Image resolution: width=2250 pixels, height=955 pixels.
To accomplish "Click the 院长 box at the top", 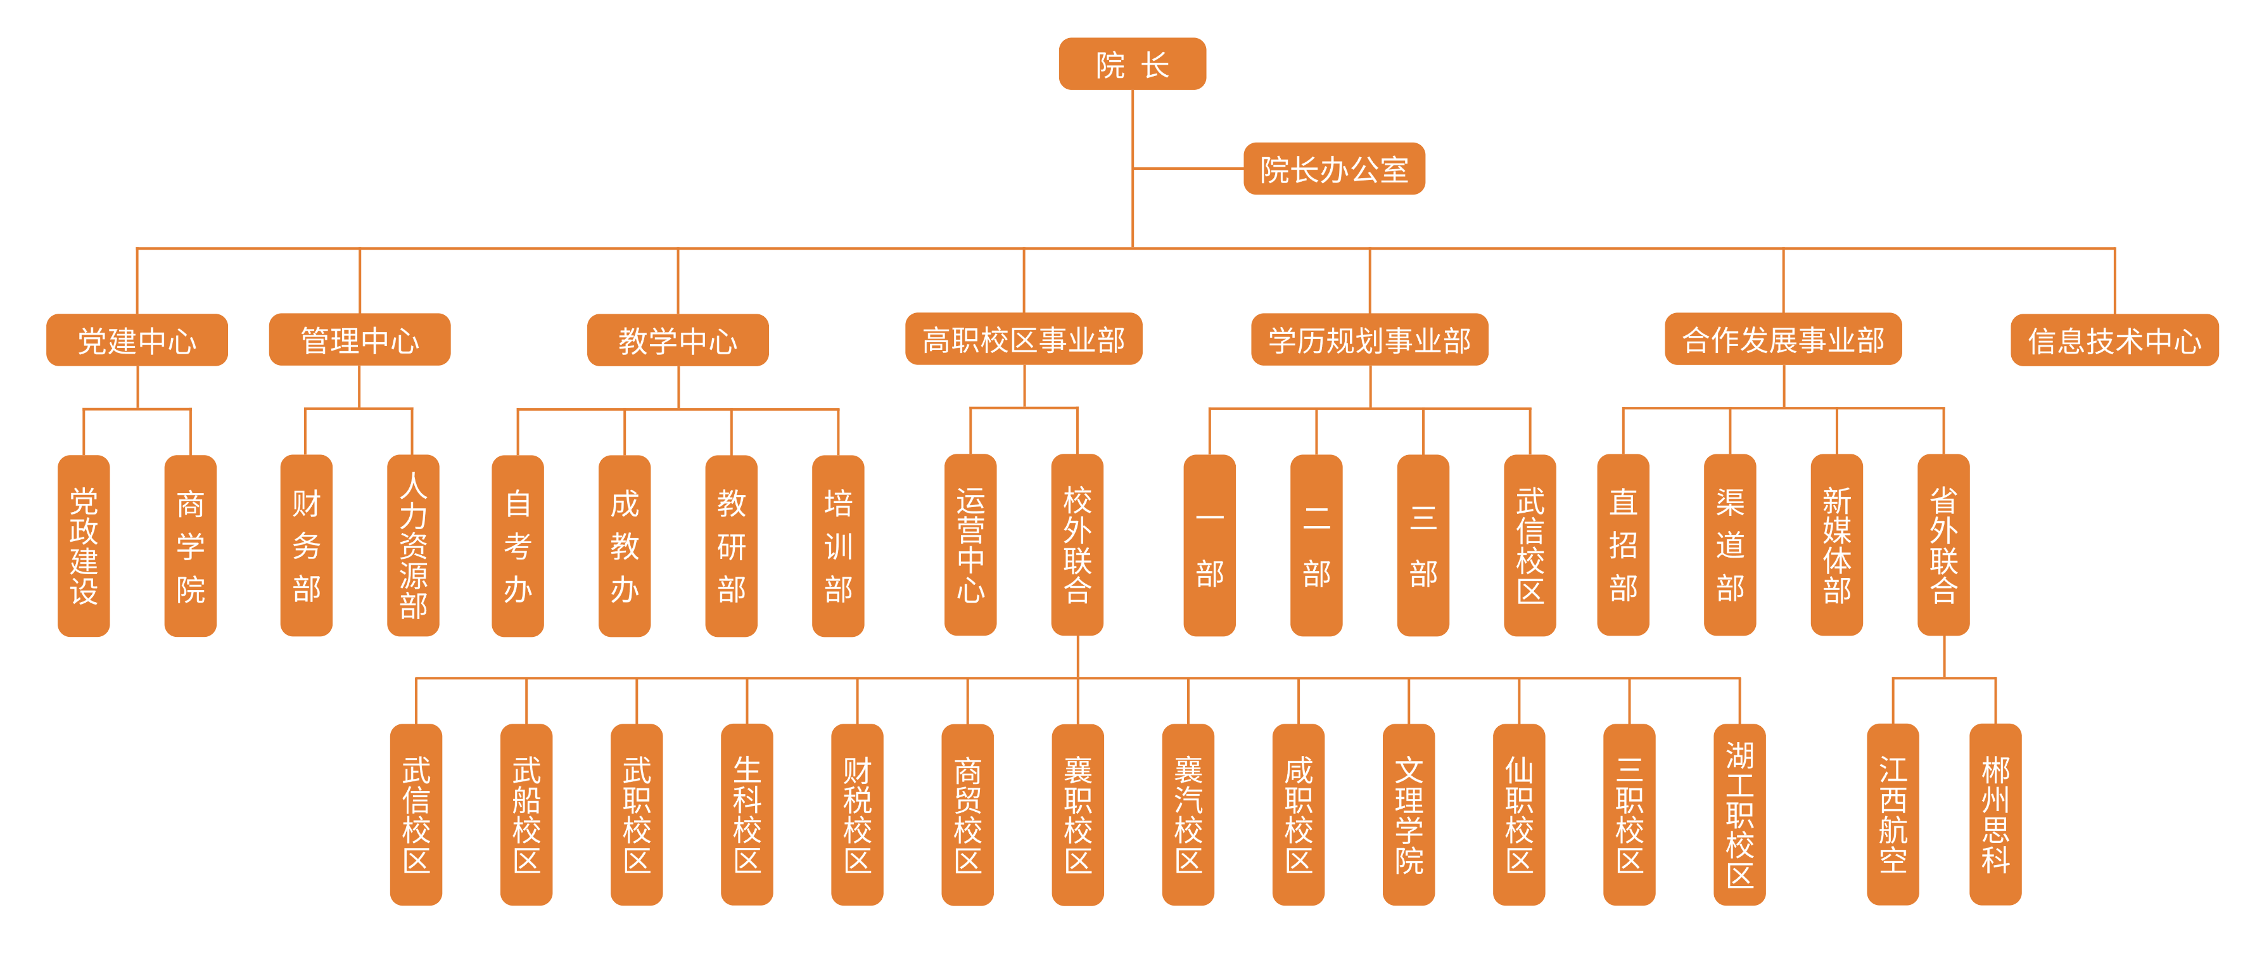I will [1132, 64].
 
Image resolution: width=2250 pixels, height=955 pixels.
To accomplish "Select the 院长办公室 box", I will [1334, 169].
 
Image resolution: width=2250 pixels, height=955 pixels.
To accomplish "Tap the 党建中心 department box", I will [137, 340].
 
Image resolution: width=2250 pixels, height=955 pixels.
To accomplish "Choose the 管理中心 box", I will [359, 340].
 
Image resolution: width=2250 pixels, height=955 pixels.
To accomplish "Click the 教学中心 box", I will [678, 340].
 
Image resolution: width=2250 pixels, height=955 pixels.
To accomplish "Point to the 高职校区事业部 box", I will [1024, 339].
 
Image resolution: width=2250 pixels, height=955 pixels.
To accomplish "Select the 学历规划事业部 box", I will [1370, 339].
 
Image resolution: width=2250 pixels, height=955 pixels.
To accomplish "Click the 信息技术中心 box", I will [2114, 340].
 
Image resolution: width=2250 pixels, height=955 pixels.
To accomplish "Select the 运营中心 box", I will [970, 545].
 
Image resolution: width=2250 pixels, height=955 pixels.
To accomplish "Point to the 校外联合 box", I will [1077, 545].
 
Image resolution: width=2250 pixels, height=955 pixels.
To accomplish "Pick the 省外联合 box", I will [1943, 545].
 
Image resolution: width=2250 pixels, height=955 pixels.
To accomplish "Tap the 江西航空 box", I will [1893, 814].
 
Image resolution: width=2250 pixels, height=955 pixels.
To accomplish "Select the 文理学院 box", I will [1409, 814].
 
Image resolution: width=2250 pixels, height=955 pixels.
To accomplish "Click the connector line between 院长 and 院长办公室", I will [1188, 169].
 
